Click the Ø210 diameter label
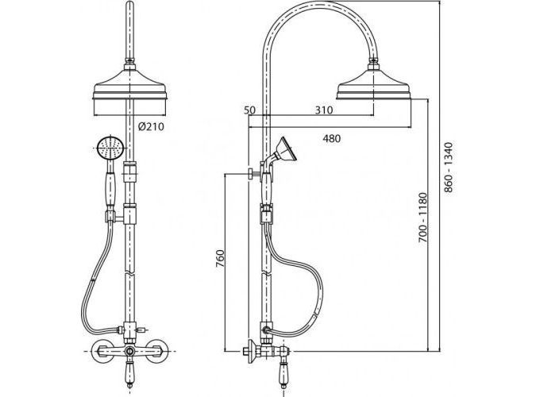click(x=151, y=127)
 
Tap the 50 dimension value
click(x=250, y=110)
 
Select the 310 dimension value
click(x=323, y=110)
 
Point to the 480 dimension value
click(x=332, y=138)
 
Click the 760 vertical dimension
click(x=221, y=259)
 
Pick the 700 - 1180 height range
click(x=423, y=218)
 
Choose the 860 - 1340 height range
click(x=448, y=168)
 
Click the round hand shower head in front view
click(x=110, y=148)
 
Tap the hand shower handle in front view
click(x=110, y=190)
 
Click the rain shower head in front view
click(x=130, y=86)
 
